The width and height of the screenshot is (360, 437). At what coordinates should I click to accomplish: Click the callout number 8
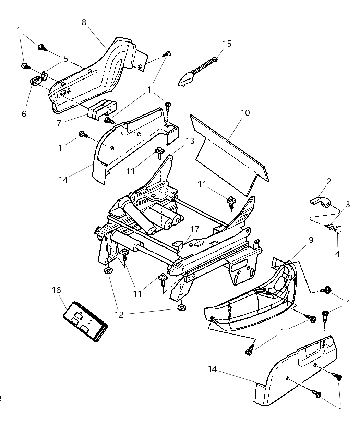point(84,22)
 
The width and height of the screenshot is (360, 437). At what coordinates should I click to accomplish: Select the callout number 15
point(227,44)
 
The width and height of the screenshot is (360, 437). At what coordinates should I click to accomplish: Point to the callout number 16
point(56,290)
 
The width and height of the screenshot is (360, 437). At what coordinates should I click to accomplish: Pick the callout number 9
point(311,240)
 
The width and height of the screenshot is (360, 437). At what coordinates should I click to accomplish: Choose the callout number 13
point(190,141)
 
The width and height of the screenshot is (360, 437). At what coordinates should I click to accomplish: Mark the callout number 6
point(24,114)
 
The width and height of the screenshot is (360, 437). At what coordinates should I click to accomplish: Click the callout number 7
point(59,122)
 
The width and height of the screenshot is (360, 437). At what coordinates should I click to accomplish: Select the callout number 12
point(119,314)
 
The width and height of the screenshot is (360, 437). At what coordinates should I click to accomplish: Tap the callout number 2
point(329,181)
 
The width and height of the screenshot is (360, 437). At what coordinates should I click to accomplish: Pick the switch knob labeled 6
point(35,81)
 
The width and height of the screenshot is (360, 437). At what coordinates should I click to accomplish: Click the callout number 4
point(337,254)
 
